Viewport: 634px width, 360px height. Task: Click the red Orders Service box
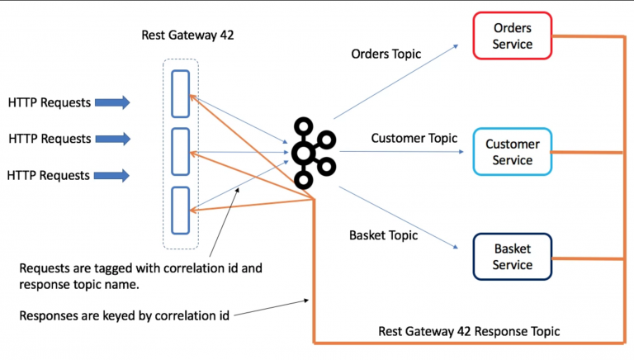tap(512, 36)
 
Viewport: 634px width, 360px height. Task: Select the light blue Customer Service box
tap(512, 152)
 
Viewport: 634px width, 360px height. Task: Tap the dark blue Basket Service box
tap(512, 257)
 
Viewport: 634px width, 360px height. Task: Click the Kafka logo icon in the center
tap(312, 152)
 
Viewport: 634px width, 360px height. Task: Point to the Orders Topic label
tap(386, 54)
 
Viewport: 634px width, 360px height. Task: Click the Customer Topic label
tap(414, 138)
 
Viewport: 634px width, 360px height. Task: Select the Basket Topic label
tap(383, 235)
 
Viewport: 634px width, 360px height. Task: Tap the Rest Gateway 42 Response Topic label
tap(469, 331)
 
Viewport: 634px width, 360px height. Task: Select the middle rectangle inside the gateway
tap(180, 152)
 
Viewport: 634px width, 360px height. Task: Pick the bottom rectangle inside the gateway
tap(180, 211)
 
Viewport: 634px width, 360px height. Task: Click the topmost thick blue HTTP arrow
tap(112, 102)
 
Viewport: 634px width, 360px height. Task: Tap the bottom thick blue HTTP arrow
tap(112, 175)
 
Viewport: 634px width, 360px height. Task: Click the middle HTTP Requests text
tap(50, 139)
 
